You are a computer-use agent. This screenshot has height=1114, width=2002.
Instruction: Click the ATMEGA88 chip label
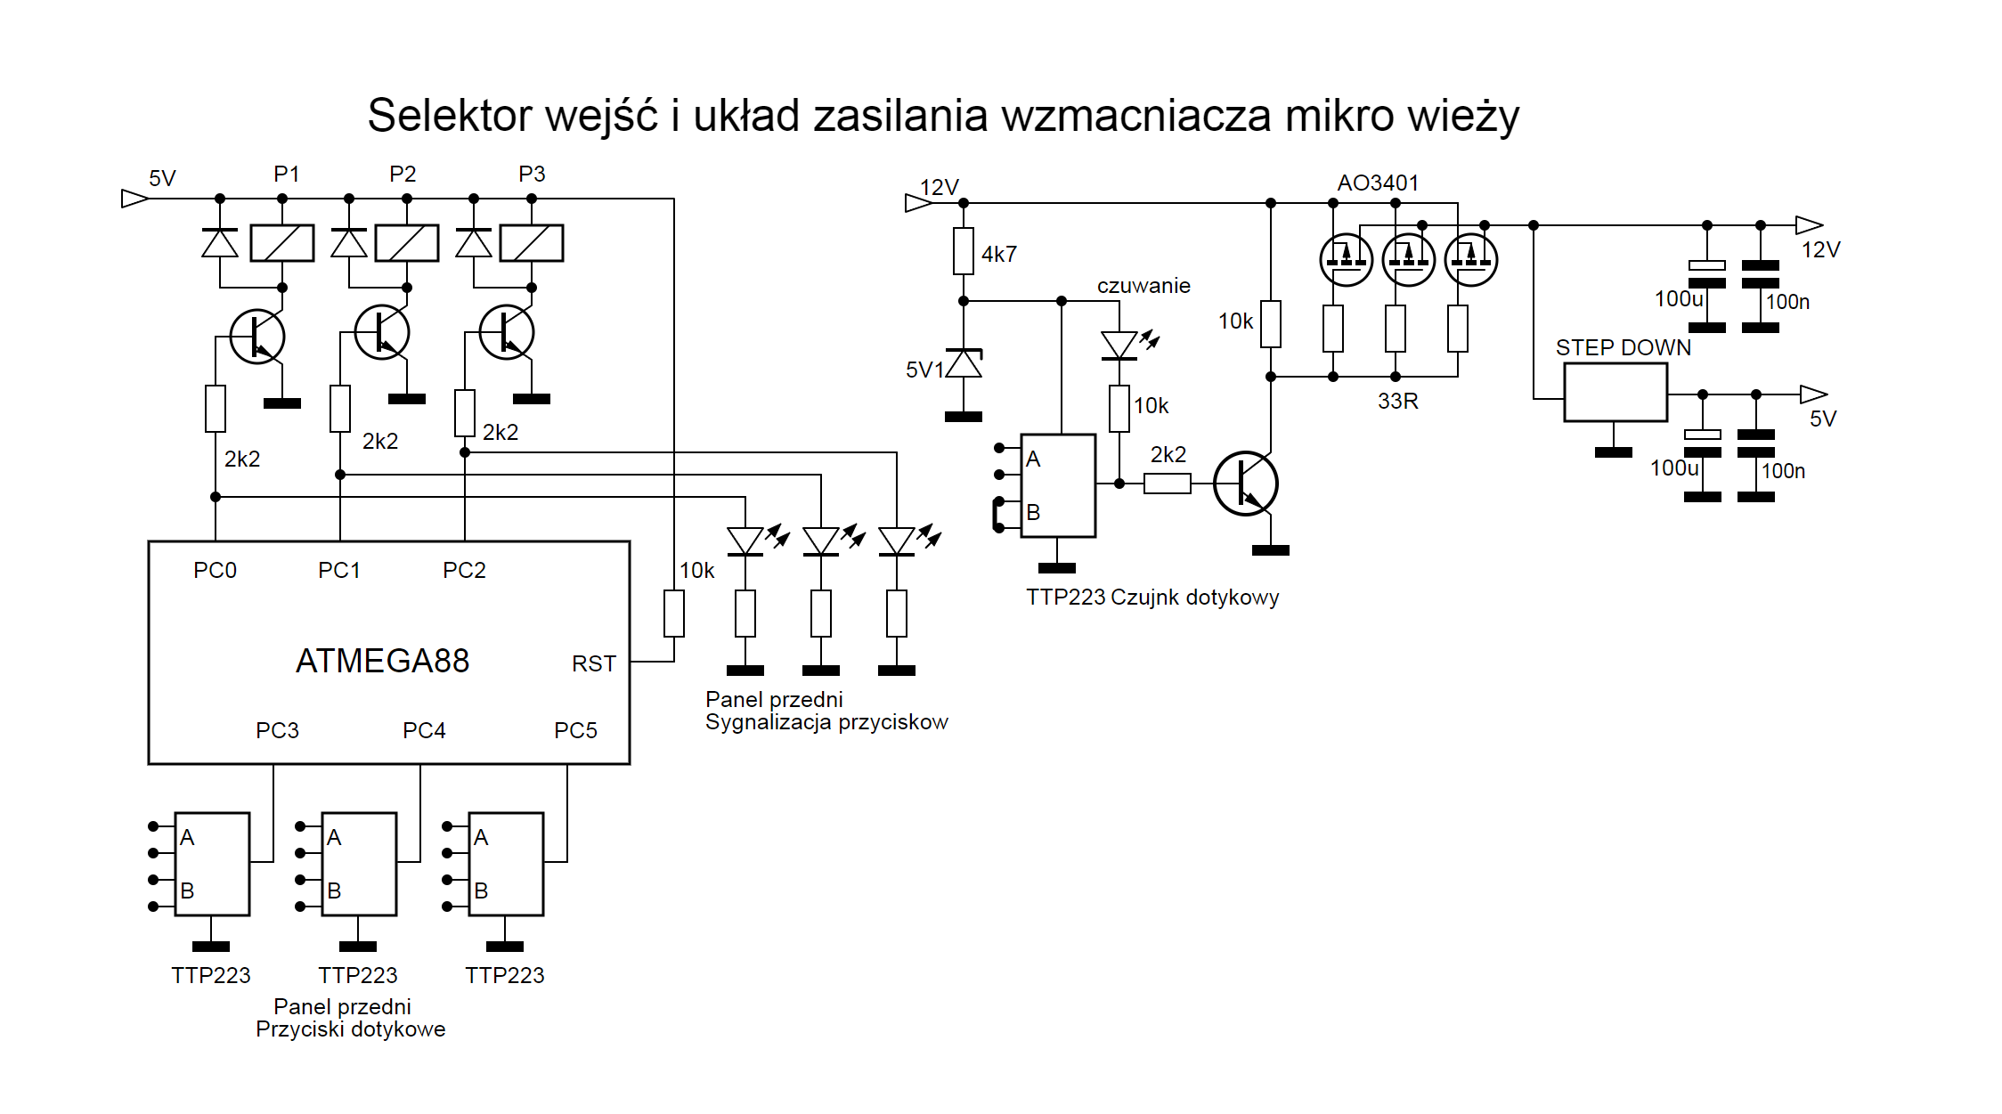pos(382,661)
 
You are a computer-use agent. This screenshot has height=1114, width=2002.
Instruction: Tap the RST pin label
pos(593,663)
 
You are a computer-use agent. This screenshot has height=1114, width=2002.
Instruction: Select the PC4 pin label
pos(424,730)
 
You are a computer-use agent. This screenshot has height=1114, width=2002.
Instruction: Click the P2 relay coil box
pos(407,242)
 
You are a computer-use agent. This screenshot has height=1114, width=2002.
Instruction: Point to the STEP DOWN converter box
pos(1615,392)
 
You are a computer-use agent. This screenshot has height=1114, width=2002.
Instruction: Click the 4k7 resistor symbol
pos(963,251)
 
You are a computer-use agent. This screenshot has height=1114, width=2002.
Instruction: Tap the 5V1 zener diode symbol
pos(964,363)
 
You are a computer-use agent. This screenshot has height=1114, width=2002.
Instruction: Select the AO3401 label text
pos(1378,183)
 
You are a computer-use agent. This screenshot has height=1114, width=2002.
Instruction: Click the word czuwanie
pos(1143,285)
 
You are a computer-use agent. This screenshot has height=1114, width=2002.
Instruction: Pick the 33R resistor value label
pos(1397,401)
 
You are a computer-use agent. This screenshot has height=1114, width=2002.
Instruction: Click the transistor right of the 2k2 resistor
pos(1246,484)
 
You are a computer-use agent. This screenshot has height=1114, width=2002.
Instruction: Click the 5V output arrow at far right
pos(1813,394)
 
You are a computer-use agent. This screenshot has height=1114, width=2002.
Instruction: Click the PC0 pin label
pos(215,570)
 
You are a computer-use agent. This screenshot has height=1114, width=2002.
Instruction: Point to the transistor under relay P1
pos(257,337)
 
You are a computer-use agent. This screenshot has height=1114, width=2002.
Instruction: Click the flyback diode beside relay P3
pos(473,242)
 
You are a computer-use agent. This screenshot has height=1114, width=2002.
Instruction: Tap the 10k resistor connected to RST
pos(674,614)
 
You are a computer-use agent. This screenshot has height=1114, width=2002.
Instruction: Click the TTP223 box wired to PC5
pos(506,864)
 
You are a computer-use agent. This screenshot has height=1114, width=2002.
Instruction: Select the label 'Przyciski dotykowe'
pos(350,1029)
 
